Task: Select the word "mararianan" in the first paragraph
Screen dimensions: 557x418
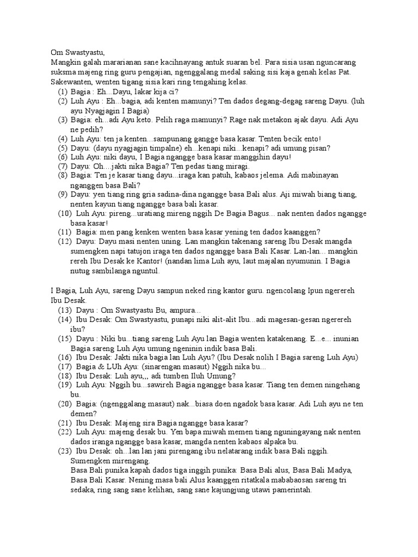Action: point(124,63)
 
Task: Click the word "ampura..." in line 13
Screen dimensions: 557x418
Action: point(185,309)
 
